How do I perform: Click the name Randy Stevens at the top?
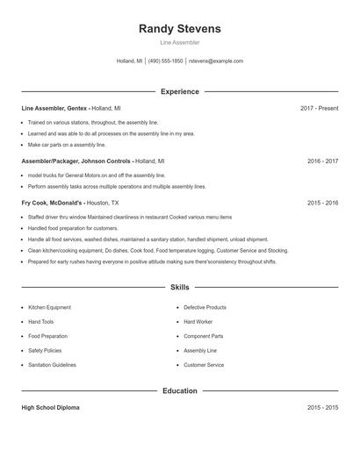pos(180,29)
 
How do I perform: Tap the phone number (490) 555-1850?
pos(165,61)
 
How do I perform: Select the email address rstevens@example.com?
pos(216,61)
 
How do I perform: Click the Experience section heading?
pos(180,91)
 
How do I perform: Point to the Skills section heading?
pos(180,287)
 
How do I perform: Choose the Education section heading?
pos(180,390)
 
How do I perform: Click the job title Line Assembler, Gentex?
pos(54,108)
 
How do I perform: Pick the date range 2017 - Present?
pos(319,108)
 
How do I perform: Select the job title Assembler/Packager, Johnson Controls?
pos(76,161)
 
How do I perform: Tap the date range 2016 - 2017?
pos(322,161)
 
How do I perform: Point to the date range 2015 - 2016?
pos(322,203)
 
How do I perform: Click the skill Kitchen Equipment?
pos(49,308)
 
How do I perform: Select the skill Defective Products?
pos(205,308)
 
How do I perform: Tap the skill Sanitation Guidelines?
pos(52,365)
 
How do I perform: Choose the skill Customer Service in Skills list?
pos(204,365)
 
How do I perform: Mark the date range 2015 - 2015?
pos(322,408)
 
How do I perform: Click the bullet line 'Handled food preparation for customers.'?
pos(72,227)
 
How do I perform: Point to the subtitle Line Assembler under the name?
pos(180,42)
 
